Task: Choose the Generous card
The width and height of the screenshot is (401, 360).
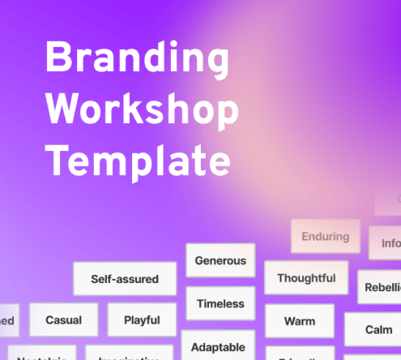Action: (x=220, y=261)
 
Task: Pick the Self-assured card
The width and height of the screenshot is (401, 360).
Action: (x=125, y=279)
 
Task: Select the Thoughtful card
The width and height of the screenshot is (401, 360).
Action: (x=306, y=278)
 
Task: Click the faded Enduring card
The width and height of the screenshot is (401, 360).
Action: (x=325, y=237)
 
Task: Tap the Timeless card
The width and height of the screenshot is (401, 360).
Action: (x=220, y=304)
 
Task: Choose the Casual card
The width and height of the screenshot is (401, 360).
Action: (x=63, y=320)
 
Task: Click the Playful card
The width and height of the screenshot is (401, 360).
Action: (x=142, y=320)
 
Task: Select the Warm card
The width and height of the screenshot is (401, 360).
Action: (x=300, y=321)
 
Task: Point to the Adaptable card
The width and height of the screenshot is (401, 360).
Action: (x=218, y=347)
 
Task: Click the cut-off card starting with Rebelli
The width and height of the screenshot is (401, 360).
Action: (x=380, y=287)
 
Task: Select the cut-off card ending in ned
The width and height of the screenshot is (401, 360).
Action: (x=9, y=321)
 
